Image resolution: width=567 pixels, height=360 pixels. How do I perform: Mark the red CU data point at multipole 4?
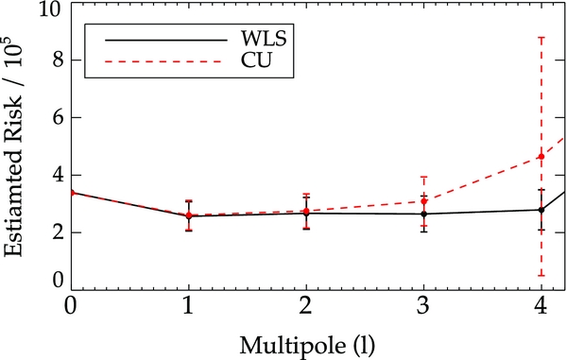click(541, 157)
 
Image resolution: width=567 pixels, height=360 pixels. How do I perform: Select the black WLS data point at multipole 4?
click(541, 210)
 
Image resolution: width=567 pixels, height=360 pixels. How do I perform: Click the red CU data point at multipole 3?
click(423, 201)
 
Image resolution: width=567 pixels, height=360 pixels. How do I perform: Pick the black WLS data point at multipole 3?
click(423, 214)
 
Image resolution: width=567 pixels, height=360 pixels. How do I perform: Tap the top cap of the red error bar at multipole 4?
click(541, 38)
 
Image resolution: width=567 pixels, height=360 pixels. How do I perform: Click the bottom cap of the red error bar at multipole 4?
click(541, 275)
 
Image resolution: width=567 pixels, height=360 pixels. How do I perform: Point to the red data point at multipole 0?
click(71, 193)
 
